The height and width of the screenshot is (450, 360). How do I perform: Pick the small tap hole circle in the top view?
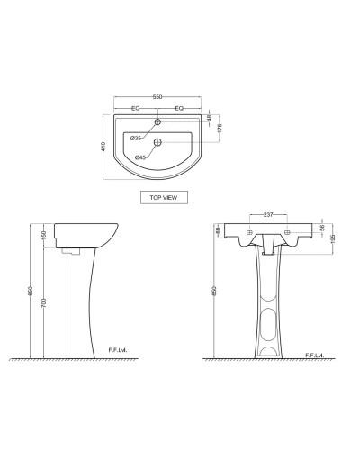157,121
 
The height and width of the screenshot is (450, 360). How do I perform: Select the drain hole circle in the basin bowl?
157,142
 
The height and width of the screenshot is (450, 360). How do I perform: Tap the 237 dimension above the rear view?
268,215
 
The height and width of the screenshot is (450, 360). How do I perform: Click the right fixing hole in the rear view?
287,232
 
